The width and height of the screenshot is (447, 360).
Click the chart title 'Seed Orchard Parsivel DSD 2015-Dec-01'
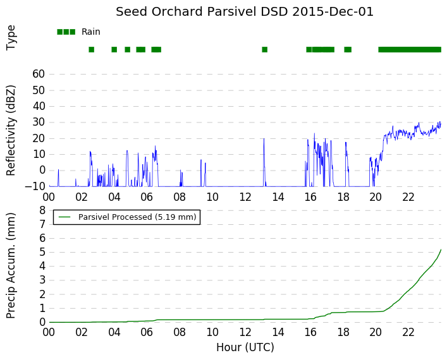pos(245,12)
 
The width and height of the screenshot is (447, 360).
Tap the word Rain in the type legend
pos(90,32)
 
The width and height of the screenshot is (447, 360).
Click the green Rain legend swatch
pos(66,32)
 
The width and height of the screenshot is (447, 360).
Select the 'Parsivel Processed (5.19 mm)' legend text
pos(137,217)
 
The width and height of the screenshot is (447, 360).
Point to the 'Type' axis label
pos(11,38)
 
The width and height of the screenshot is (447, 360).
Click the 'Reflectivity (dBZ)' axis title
pos(11,131)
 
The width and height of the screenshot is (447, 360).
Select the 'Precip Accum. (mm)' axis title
pos(11,265)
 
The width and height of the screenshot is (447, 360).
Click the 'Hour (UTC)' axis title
pos(245,347)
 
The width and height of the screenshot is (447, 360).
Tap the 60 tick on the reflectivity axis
pos(39,74)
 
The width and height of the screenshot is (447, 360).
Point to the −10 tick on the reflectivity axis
pos(35,186)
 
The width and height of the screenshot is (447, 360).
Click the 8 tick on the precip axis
pos(42,210)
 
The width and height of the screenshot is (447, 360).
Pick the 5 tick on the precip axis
pos(42,253)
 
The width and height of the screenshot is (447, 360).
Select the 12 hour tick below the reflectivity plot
pos(245,197)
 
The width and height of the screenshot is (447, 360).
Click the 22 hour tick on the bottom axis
pos(408,332)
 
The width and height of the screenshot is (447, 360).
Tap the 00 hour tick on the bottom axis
pos(49,332)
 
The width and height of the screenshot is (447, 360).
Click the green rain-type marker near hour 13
pos(264,49)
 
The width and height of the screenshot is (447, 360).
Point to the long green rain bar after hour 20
pos(410,49)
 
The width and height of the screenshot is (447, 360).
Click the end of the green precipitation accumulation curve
pos(441,249)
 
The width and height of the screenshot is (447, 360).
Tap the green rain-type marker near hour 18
pos(348,49)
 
